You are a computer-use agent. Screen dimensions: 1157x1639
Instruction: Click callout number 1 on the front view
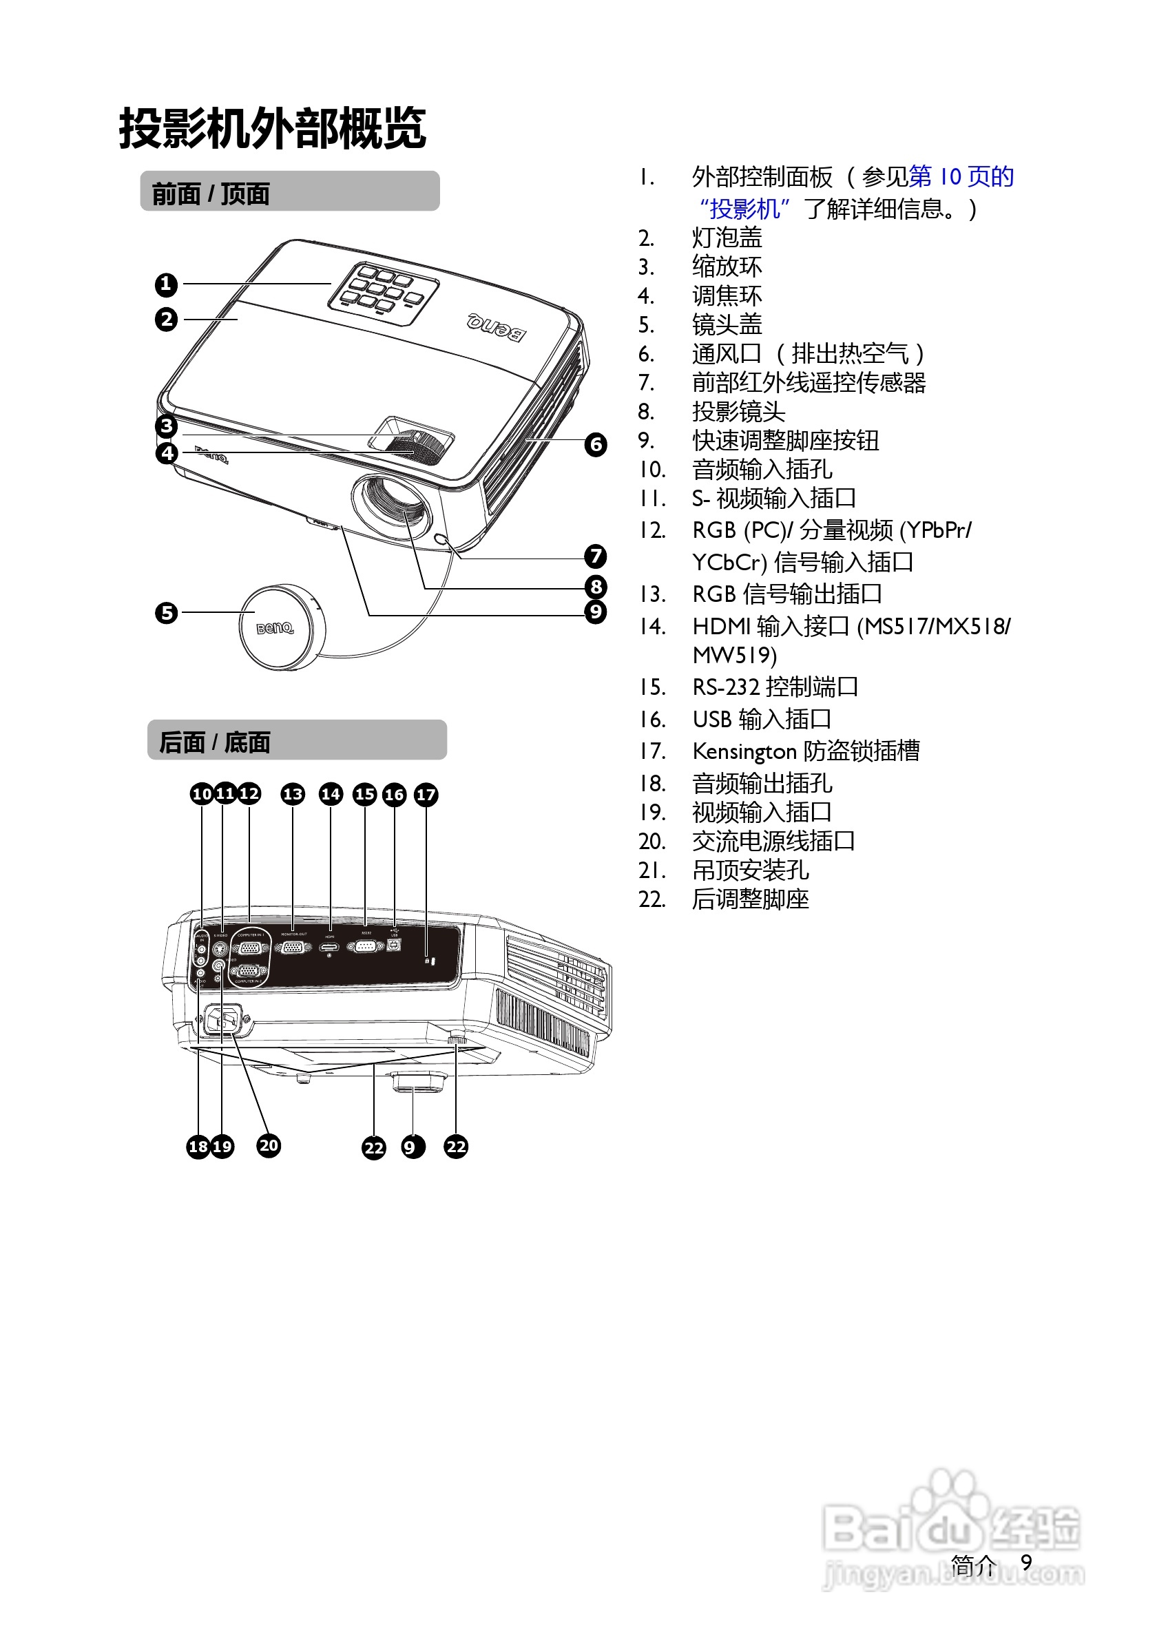(x=165, y=284)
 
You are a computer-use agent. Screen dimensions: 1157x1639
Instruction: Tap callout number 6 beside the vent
(x=595, y=445)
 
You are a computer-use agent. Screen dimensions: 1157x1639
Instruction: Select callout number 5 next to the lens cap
(x=166, y=612)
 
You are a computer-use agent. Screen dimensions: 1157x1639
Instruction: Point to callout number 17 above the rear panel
(x=426, y=795)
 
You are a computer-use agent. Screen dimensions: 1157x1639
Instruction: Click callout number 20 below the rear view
(x=269, y=1146)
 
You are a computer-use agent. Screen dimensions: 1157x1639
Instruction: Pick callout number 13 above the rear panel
(x=293, y=794)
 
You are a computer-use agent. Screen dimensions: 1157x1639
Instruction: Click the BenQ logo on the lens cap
(x=275, y=628)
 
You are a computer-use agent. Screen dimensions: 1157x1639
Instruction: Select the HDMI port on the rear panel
(x=329, y=947)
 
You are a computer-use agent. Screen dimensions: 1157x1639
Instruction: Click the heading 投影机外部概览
(x=272, y=129)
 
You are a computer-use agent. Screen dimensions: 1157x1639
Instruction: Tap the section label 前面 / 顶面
(x=211, y=194)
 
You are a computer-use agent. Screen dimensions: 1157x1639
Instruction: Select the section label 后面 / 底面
(x=214, y=742)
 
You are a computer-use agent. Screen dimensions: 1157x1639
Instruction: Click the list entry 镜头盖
(x=727, y=325)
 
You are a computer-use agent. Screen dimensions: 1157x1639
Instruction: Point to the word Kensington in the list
(x=744, y=751)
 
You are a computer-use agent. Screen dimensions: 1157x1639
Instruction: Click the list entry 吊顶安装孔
(x=749, y=870)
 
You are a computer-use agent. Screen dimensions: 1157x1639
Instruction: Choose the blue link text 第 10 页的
(x=961, y=176)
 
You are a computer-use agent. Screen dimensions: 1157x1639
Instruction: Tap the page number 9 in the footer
(x=1025, y=1562)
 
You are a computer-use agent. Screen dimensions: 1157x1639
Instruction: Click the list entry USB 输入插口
(x=761, y=719)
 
